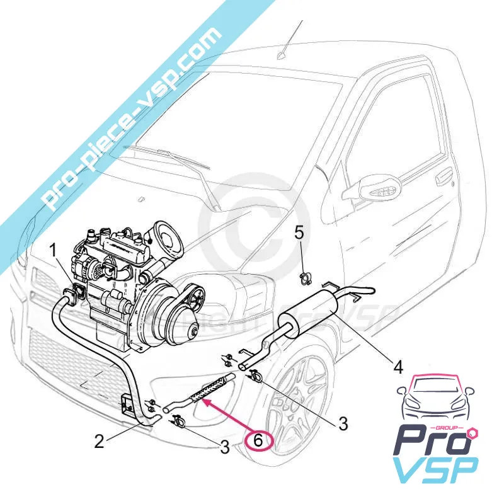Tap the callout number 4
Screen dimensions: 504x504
coord(398,365)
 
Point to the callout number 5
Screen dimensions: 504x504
coord(299,232)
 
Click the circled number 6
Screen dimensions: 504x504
coord(258,439)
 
